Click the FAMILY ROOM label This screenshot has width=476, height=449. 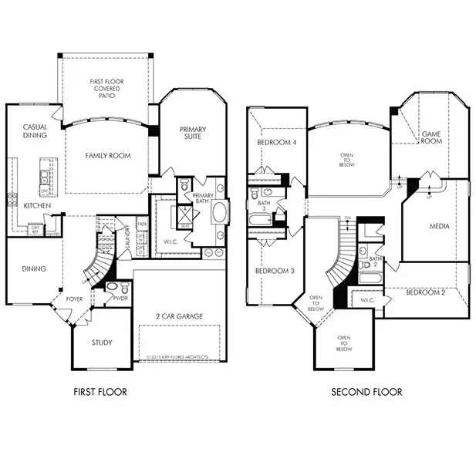[x=107, y=155]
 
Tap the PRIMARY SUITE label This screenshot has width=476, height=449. [x=192, y=133]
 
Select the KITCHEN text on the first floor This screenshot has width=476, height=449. [x=37, y=206]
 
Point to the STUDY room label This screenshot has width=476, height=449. [x=101, y=343]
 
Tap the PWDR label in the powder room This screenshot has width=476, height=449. [x=122, y=296]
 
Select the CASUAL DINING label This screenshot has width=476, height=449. [x=35, y=131]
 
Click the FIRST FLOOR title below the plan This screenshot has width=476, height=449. [x=101, y=392]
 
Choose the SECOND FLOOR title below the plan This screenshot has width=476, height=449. [x=366, y=392]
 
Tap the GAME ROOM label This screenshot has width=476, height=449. [x=430, y=137]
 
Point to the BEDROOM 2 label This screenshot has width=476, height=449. [x=427, y=292]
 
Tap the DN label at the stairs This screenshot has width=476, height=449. [x=348, y=219]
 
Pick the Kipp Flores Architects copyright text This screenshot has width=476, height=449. [x=177, y=357]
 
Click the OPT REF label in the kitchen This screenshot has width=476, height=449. [x=35, y=228]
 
